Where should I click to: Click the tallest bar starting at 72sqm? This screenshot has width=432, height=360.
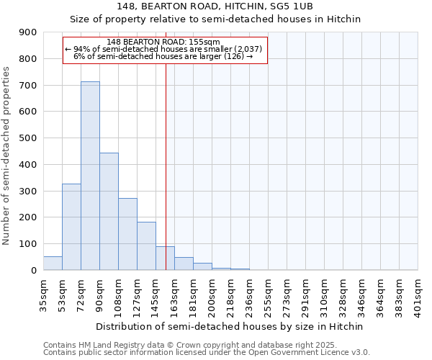point(90,176)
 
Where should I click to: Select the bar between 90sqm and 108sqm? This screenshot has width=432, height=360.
point(109,212)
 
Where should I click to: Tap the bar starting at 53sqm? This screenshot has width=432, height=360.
point(71,227)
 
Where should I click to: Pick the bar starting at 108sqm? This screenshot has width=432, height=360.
point(127,234)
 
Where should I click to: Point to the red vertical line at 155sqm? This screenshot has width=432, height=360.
point(166,166)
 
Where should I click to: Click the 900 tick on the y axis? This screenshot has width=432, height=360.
point(28,32)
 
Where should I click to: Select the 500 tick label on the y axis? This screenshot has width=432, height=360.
point(28,138)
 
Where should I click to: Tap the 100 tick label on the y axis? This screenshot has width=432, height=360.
point(28,244)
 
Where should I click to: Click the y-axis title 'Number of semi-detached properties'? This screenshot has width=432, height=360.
point(7,156)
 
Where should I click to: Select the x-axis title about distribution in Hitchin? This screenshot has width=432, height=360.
point(230,326)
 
